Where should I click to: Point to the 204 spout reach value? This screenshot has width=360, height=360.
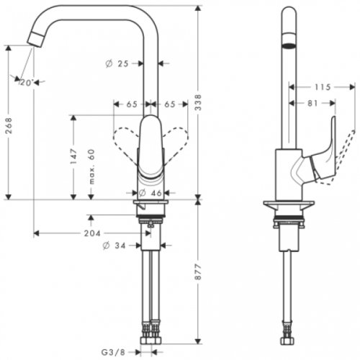point(91,234)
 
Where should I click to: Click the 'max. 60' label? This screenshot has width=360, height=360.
point(91,166)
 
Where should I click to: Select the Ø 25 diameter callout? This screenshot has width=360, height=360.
point(118,64)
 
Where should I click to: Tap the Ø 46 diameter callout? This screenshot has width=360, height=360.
point(150,194)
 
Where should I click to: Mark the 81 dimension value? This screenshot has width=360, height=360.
point(312,104)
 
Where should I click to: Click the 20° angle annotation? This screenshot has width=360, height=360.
point(27,82)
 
